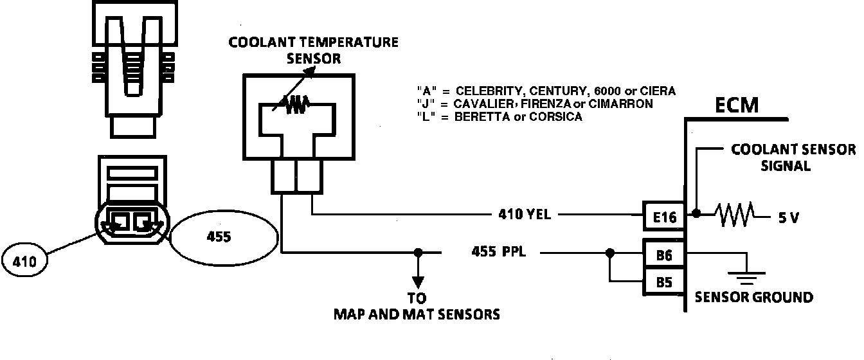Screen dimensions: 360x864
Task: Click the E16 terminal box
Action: [664, 217]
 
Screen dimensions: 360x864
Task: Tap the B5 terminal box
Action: [664, 282]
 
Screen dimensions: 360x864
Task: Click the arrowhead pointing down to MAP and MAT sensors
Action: [419, 282]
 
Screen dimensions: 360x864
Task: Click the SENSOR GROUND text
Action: [753, 297]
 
